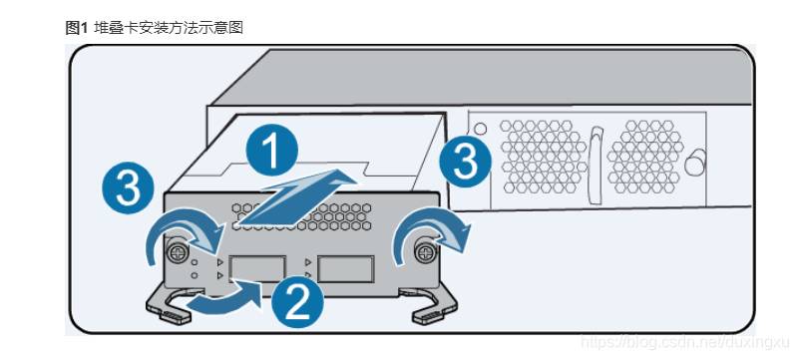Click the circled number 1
271,150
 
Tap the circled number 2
296,303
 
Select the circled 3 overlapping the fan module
466,163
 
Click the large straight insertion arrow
295,199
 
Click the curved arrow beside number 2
223,300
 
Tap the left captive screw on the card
178,252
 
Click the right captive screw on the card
424,251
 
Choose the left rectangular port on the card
257,269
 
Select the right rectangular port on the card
346,269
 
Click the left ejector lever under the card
171,306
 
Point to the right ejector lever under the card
433,306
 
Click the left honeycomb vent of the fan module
542,157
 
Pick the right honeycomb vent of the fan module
645,157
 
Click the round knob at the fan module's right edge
695,163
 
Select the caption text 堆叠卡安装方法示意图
169,28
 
